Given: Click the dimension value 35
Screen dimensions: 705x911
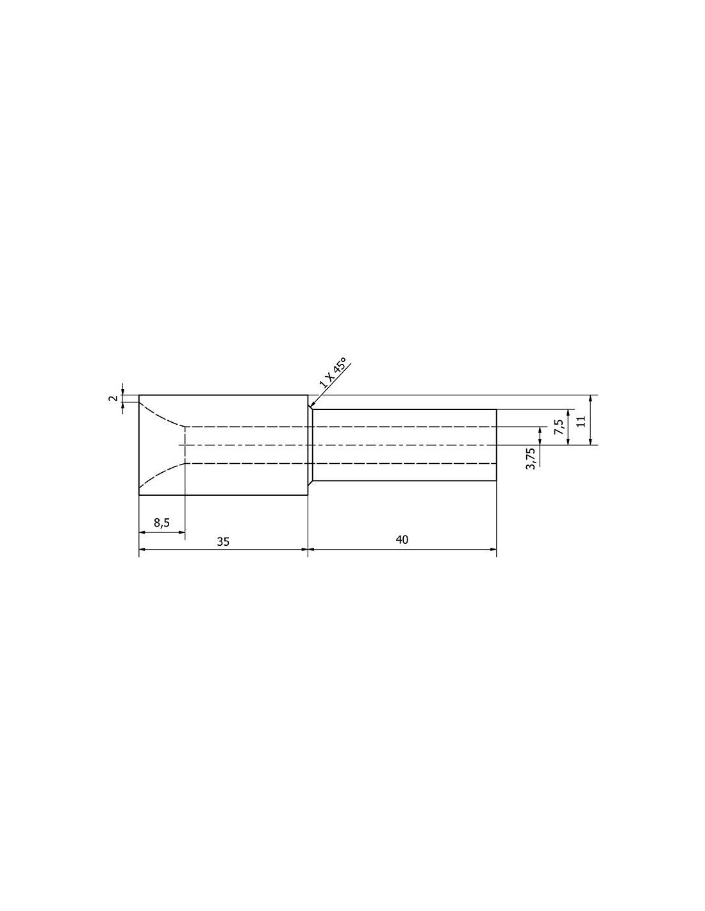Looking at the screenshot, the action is pyautogui.click(x=223, y=541).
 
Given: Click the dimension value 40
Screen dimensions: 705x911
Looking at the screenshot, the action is pyautogui.click(x=402, y=539).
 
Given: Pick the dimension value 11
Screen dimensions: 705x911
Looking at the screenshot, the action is pyautogui.click(x=581, y=422).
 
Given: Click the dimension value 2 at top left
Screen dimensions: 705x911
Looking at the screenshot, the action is pyautogui.click(x=112, y=398).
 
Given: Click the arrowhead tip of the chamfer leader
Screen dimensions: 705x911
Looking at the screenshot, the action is pyautogui.click(x=310, y=407).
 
